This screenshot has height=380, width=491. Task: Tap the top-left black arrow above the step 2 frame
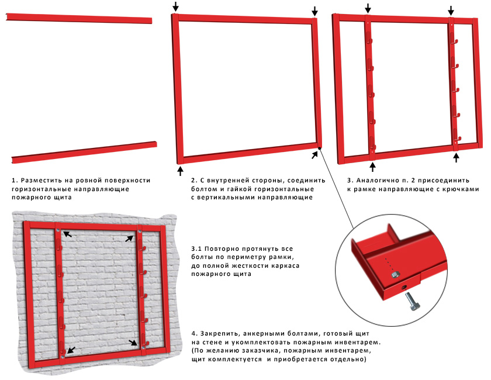[175, 6]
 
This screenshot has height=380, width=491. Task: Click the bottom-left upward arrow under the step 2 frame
[180, 170]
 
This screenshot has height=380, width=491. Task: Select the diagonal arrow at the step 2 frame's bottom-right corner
[315, 154]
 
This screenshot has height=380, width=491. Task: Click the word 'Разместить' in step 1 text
[44, 180]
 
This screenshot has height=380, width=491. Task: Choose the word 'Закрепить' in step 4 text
[224, 333]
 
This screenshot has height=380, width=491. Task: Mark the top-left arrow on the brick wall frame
[68, 234]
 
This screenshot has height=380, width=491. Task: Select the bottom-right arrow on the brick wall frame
[134, 343]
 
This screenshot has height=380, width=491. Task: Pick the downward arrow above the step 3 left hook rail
[368, 8]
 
